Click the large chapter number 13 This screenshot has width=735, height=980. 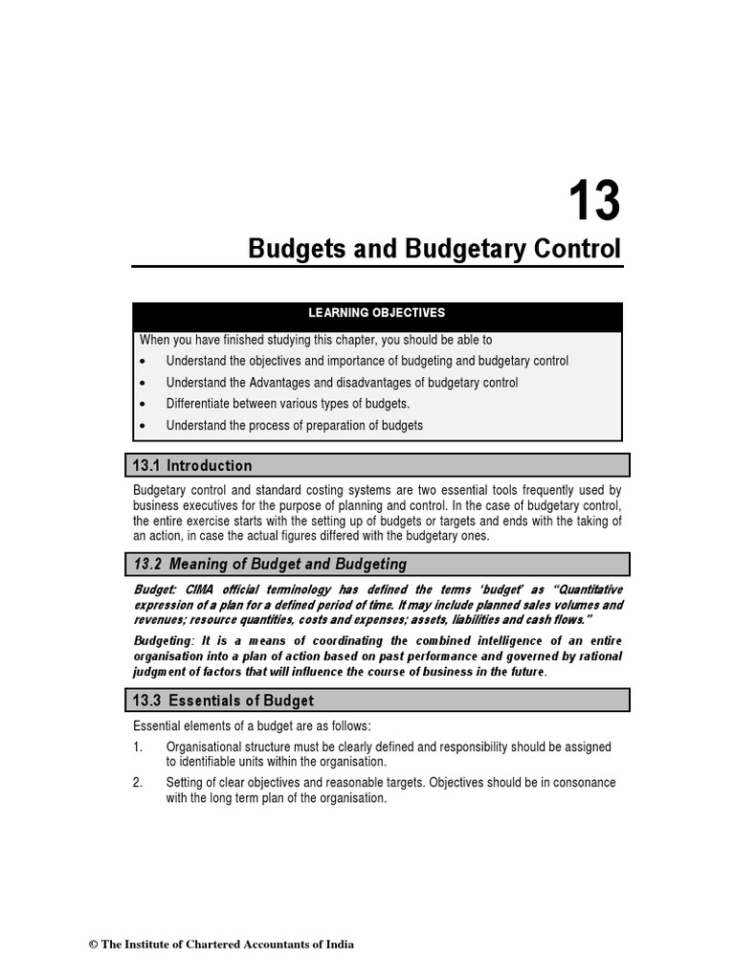click(594, 201)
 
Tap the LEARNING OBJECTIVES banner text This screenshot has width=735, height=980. click(376, 313)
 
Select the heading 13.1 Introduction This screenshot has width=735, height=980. click(192, 466)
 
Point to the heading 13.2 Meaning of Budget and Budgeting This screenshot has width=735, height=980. click(270, 565)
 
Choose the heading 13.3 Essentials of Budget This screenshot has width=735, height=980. click(224, 701)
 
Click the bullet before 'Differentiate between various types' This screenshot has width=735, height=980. click(143, 404)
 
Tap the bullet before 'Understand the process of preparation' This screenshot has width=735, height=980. click(143, 425)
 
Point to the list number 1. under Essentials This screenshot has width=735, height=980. click(139, 746)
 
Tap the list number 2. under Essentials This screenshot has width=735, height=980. click(139, 783)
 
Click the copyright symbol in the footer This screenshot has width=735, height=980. click(94, 945)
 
